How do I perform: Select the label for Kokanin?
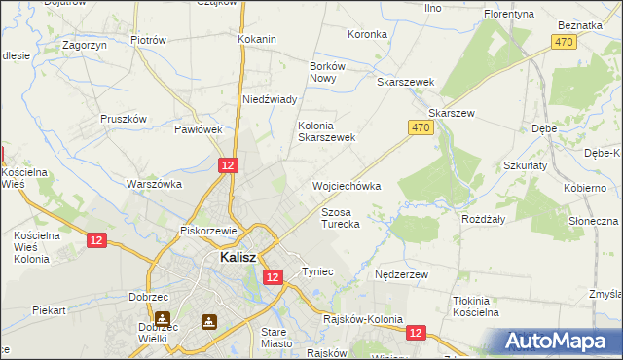(257, 39)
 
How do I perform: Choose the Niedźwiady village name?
(269, 99)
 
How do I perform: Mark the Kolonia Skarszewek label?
(326, 131)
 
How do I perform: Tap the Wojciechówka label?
(346, 185)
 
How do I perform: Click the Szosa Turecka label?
(341, 217)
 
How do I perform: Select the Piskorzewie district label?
(209, 231)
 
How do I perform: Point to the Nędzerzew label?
(402, 275)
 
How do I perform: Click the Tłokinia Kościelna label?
(483, 306)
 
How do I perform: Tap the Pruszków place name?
(124, 119)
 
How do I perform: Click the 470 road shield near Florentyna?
(564, 42)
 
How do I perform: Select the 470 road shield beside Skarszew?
(420, 127)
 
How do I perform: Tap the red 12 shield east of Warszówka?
(227, 166)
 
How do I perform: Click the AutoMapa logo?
(562, 341)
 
